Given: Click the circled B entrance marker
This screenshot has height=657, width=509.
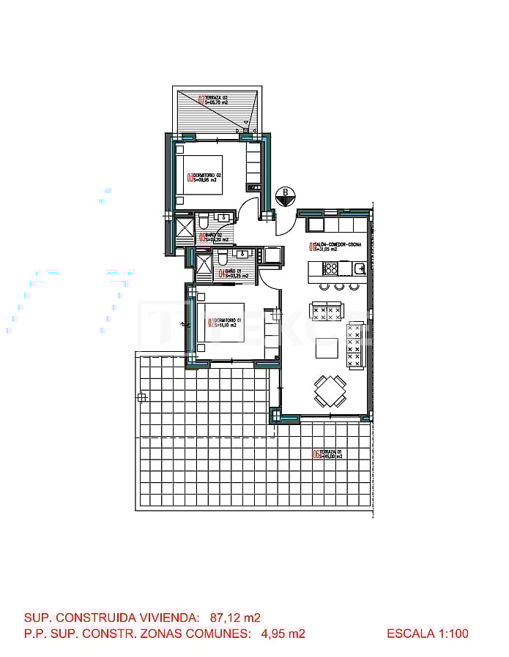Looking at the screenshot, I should pyautogui.click(x=284, y=196).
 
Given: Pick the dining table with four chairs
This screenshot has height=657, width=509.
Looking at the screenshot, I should pyautogui.click(x=330, y=390).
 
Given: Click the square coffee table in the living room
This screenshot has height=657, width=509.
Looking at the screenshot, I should pyautogui.click(x=327, y=349).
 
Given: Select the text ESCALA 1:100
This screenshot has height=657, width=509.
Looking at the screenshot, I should pyautogui.click(x=427, y=634).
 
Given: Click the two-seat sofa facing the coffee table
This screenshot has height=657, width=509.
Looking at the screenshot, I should pyautogui.click(x=327, y=312).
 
